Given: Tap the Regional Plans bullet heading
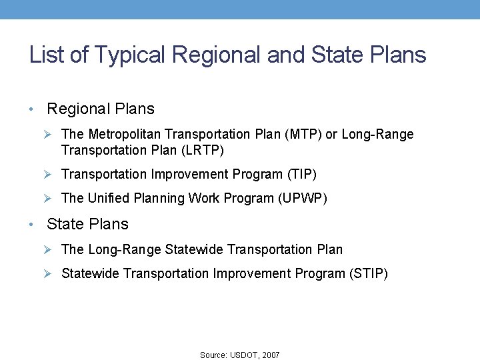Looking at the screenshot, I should click(x=101, y=109).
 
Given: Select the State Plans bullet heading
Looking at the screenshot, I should click(x=87, y=224).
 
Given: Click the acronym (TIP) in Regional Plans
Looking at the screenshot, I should click(x=301, y=175).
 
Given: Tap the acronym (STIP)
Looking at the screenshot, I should click(x=368, y=273).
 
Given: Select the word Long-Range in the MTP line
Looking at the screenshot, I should click(x=378, y=135).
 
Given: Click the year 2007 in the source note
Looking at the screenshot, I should click(x=271, y=355).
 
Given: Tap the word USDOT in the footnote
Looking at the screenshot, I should click(x=244, y=355).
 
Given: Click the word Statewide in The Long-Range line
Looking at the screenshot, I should click(x=194, y=250).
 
